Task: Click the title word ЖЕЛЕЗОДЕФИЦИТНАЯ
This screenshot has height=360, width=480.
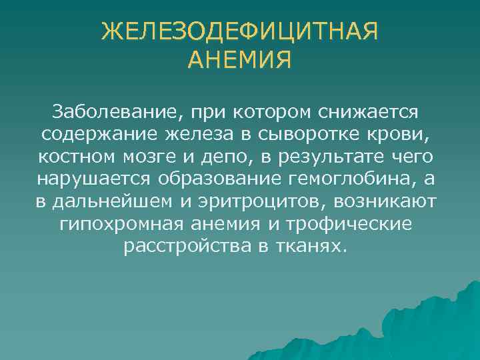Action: pyautogui.click(x=240, y=31)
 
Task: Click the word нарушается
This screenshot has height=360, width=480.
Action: pyautogui.click(x=93, y=179)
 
